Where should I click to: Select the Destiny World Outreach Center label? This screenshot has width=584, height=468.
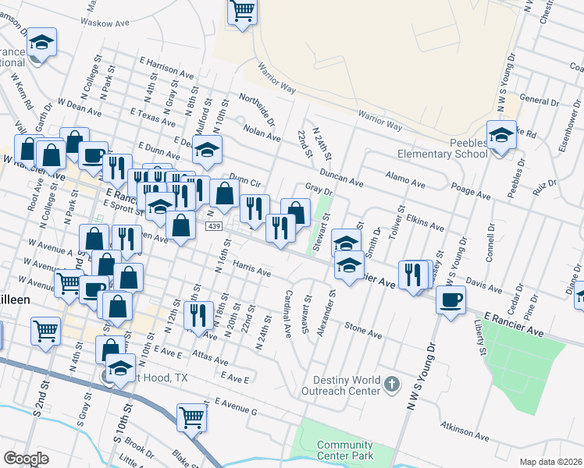[344, 385]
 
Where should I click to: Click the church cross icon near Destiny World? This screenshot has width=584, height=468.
[392, 385]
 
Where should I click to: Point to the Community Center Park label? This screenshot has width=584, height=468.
[345, 450]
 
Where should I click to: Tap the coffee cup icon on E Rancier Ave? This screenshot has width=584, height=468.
[451, 300]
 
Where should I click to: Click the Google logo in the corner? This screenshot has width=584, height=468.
[26, 459]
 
